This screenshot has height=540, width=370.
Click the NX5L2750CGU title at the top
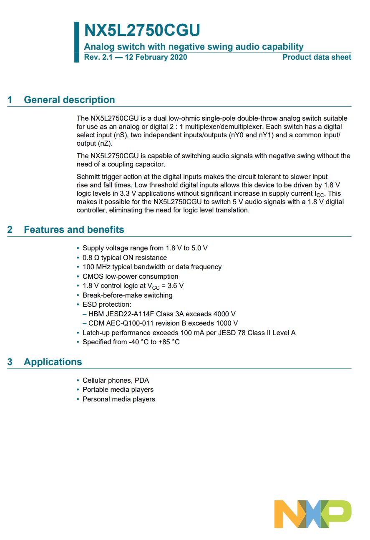coord(142,31)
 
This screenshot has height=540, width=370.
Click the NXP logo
coord(313,514)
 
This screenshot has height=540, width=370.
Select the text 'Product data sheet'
coord(317,57)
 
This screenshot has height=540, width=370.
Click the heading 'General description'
coord(69,100)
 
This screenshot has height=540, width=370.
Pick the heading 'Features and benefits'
coord(74,230)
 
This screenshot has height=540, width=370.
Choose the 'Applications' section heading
coord(53,362)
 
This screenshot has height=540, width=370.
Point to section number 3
coord(10,362)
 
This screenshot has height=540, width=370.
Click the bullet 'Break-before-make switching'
coord(127,295)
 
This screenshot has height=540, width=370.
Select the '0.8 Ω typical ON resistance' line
coord(124,257)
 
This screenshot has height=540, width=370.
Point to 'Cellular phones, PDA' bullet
coord(116,380)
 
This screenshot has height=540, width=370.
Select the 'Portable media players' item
coord(118,389)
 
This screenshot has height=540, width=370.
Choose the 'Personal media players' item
coord(118,399)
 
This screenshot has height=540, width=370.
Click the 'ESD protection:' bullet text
coord(107,304)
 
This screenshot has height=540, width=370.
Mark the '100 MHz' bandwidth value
coord(94,267)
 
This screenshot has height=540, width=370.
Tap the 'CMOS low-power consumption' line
coord(130,276)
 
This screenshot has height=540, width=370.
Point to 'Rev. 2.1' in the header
coord(96,57)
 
